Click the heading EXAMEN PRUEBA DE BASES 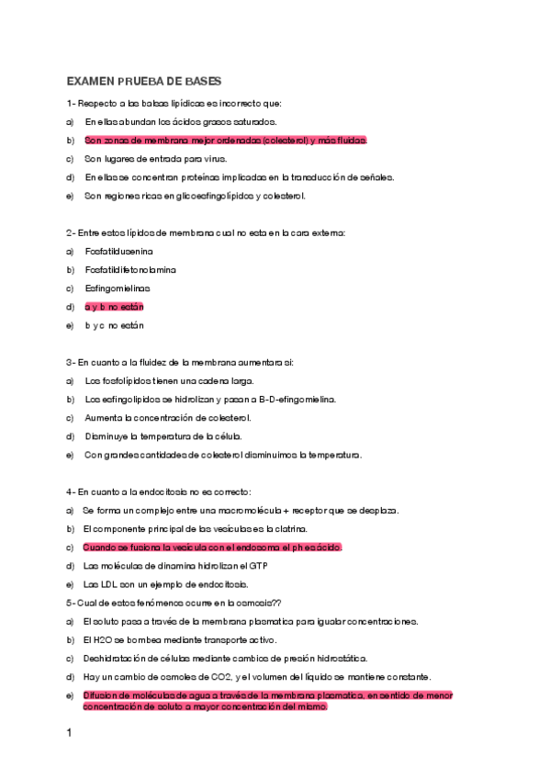[x=143, y=82]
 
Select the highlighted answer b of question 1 [x=225, y=141]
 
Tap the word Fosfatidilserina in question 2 [x=119, y=251]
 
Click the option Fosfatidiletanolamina [x=130, y=270]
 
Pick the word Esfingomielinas [x=117, y=288]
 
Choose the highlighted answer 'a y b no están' [x=114, y=307]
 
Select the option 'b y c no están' [x=114, y=325]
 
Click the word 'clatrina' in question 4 [x=288, y=529]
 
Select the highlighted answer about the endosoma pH [x=211, y=548]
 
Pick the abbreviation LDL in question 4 [x=106, y=584]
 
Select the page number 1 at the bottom [x=69, y=733]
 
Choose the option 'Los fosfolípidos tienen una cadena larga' [x=169, y=380]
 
